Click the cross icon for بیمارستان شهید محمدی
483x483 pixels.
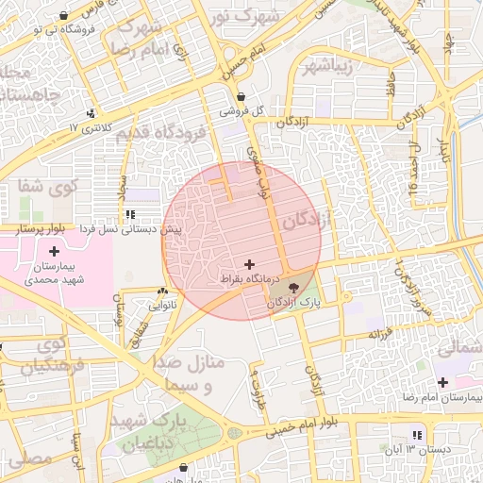(x=54, y=251)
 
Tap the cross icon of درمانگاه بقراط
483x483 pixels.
(x=249, y=264)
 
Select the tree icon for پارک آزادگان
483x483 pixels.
(x=291, y=287)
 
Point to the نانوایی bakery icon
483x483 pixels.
(x=162, y=291)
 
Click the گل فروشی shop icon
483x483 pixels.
(x=242, y=96)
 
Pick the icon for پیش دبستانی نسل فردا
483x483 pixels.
(x=130, y=215)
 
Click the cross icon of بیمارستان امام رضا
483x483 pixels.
(x=442, y=382)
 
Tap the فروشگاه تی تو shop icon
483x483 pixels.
(x=62, y=15)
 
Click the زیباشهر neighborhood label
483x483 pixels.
(x=327, y=67)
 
